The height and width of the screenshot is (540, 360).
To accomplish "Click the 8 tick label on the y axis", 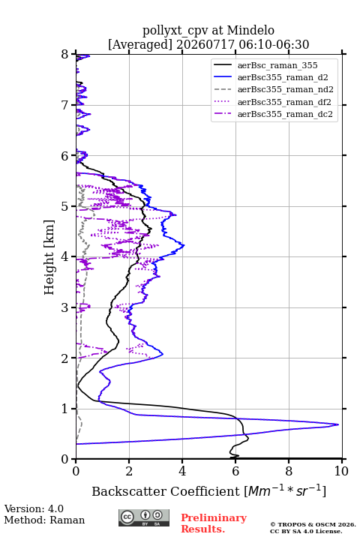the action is [x=65, y=55].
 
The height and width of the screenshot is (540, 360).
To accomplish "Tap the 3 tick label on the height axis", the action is [x=65, y=307].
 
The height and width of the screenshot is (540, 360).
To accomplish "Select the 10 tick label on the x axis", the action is [x=341, y=471].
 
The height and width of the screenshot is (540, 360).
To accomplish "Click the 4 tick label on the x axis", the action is [x=182, y=471].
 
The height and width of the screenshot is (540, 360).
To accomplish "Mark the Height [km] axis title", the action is [x=49, y=257].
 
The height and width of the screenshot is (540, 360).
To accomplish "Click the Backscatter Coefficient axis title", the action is [x=208, y=490].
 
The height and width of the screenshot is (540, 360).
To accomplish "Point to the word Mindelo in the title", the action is [x=250, y=30].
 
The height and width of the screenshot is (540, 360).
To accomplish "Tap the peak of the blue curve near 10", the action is [x=338, y=424].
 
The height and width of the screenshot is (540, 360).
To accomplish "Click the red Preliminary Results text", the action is [x=214, y=523].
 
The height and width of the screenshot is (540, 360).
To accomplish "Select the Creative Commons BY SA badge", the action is [x=144, y=518].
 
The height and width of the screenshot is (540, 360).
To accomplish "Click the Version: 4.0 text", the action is [x=34, y=508].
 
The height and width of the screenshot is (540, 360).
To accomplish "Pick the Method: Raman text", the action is [x=44, y=520].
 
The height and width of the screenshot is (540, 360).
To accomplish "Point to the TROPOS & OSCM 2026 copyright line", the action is [x=313, y=524].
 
